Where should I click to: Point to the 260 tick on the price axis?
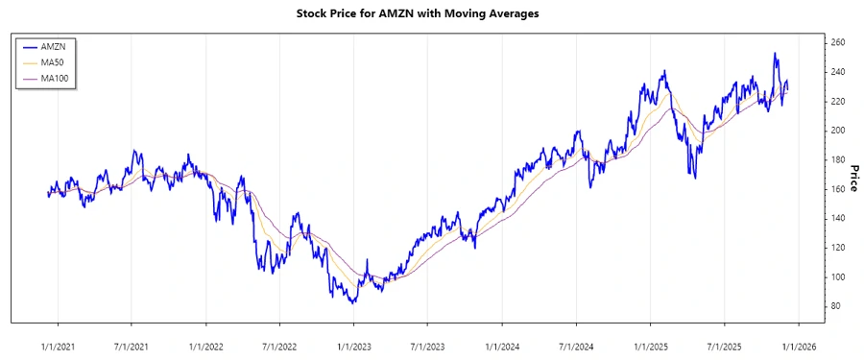[x=838, y=43]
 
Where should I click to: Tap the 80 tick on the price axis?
[x=836, y=306]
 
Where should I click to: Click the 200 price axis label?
[x=838, y=131]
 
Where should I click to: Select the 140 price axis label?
[x=838, y=219]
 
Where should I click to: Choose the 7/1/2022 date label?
[x=279, y=345]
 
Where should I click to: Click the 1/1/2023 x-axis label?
[x=353, y=345]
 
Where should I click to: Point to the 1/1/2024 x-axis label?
[x=502, y=345]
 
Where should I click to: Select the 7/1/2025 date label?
[x=725, y=345]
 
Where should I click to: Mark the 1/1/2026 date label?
[x=799, y=345]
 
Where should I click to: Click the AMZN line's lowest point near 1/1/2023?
[x=353, y=302]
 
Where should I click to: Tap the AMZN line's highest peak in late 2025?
[x=775, y=54]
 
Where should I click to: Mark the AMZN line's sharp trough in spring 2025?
[x=694, y=177]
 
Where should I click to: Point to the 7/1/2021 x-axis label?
[x=131, y=345]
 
